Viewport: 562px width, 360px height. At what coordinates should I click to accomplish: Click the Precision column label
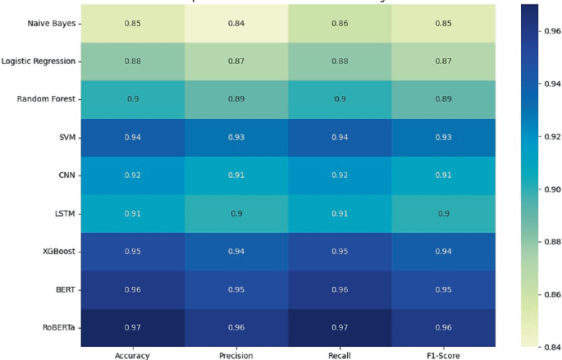click(x=235, y=355)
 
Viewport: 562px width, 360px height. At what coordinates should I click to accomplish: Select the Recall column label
click(x=338, y=355)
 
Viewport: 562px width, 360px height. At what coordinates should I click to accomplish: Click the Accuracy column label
click(x=133, y=355)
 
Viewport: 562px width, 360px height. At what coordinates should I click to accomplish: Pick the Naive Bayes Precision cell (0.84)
click(x=235, y=23)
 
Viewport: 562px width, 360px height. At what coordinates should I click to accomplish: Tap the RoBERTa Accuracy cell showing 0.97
click(x=133, y=326)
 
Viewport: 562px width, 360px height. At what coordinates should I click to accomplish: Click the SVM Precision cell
click(x=235, y=137)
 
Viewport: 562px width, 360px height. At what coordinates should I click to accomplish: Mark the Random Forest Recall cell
click(x=338, y=99)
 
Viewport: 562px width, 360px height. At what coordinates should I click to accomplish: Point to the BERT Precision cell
click(x=235, y=289)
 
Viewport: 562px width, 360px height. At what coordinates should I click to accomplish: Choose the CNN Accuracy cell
click(x=133, y=175)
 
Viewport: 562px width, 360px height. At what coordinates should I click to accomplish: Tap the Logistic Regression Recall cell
click(x=338, y=61)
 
